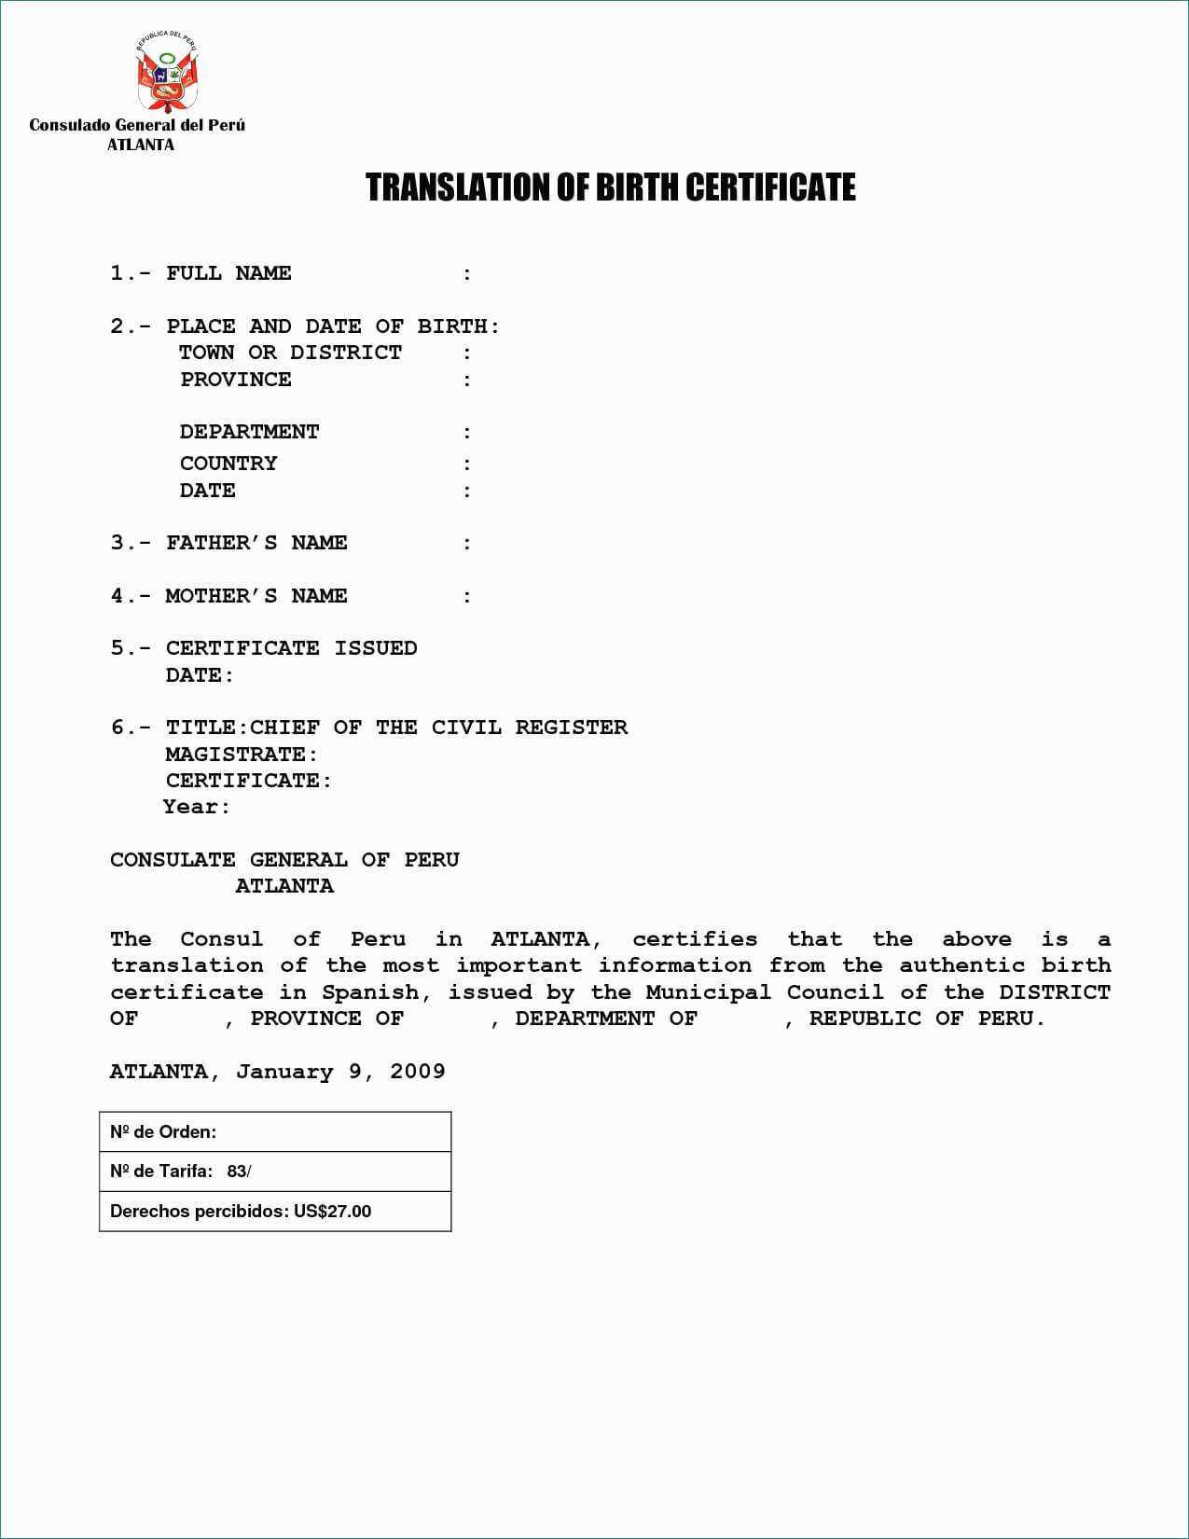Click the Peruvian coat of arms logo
[167, 73]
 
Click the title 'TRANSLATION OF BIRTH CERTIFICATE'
[610, 187]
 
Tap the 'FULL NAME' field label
[228, 273]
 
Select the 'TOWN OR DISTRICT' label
[290, 353]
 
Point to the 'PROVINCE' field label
[236, 380]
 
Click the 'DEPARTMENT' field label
[249, 432]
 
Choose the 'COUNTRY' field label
[228, 464]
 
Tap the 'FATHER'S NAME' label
[256, 543]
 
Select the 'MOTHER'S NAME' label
[256, 596]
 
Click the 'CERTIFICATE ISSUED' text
[291, 648]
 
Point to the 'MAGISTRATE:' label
[242, 754]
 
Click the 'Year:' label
[197, 807]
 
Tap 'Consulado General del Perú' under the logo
[137, 125]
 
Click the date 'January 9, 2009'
[340, 1072]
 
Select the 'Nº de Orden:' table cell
[275, 1131]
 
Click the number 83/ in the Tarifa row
[239, 1172]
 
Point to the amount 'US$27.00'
[332, 1212]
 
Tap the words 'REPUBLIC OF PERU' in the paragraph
[926, 1019]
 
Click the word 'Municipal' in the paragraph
[708, 992]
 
